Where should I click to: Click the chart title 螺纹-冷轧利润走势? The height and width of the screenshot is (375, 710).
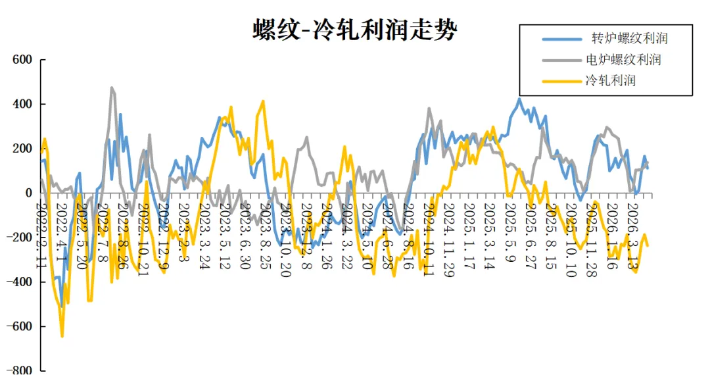[x=354, y=30]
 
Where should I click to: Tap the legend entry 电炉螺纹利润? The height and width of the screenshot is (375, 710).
[x=623, y=60]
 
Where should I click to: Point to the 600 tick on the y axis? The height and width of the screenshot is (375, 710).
[x=22, y=60]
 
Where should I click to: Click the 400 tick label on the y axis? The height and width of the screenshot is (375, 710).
[x=22, y=104]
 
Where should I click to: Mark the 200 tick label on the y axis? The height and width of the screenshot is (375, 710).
[x=22, y=149]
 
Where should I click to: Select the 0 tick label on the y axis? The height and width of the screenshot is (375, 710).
[x=28, y=193]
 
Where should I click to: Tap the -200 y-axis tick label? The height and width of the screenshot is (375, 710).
[x=20, y=238]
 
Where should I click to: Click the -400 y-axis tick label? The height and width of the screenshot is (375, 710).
[x=20, y=282]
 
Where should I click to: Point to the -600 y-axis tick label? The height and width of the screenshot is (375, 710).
[x=20, y=326]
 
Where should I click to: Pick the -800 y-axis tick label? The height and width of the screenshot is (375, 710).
[x=20, y=370]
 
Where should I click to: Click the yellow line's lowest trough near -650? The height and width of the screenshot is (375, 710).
[x=62, y=336]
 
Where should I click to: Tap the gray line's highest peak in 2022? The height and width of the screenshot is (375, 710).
[x=112, y=87]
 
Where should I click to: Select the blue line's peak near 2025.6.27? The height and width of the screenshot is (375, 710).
[x=519, y=99]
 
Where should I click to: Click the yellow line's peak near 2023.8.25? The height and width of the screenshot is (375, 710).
[x=263, y=101]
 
